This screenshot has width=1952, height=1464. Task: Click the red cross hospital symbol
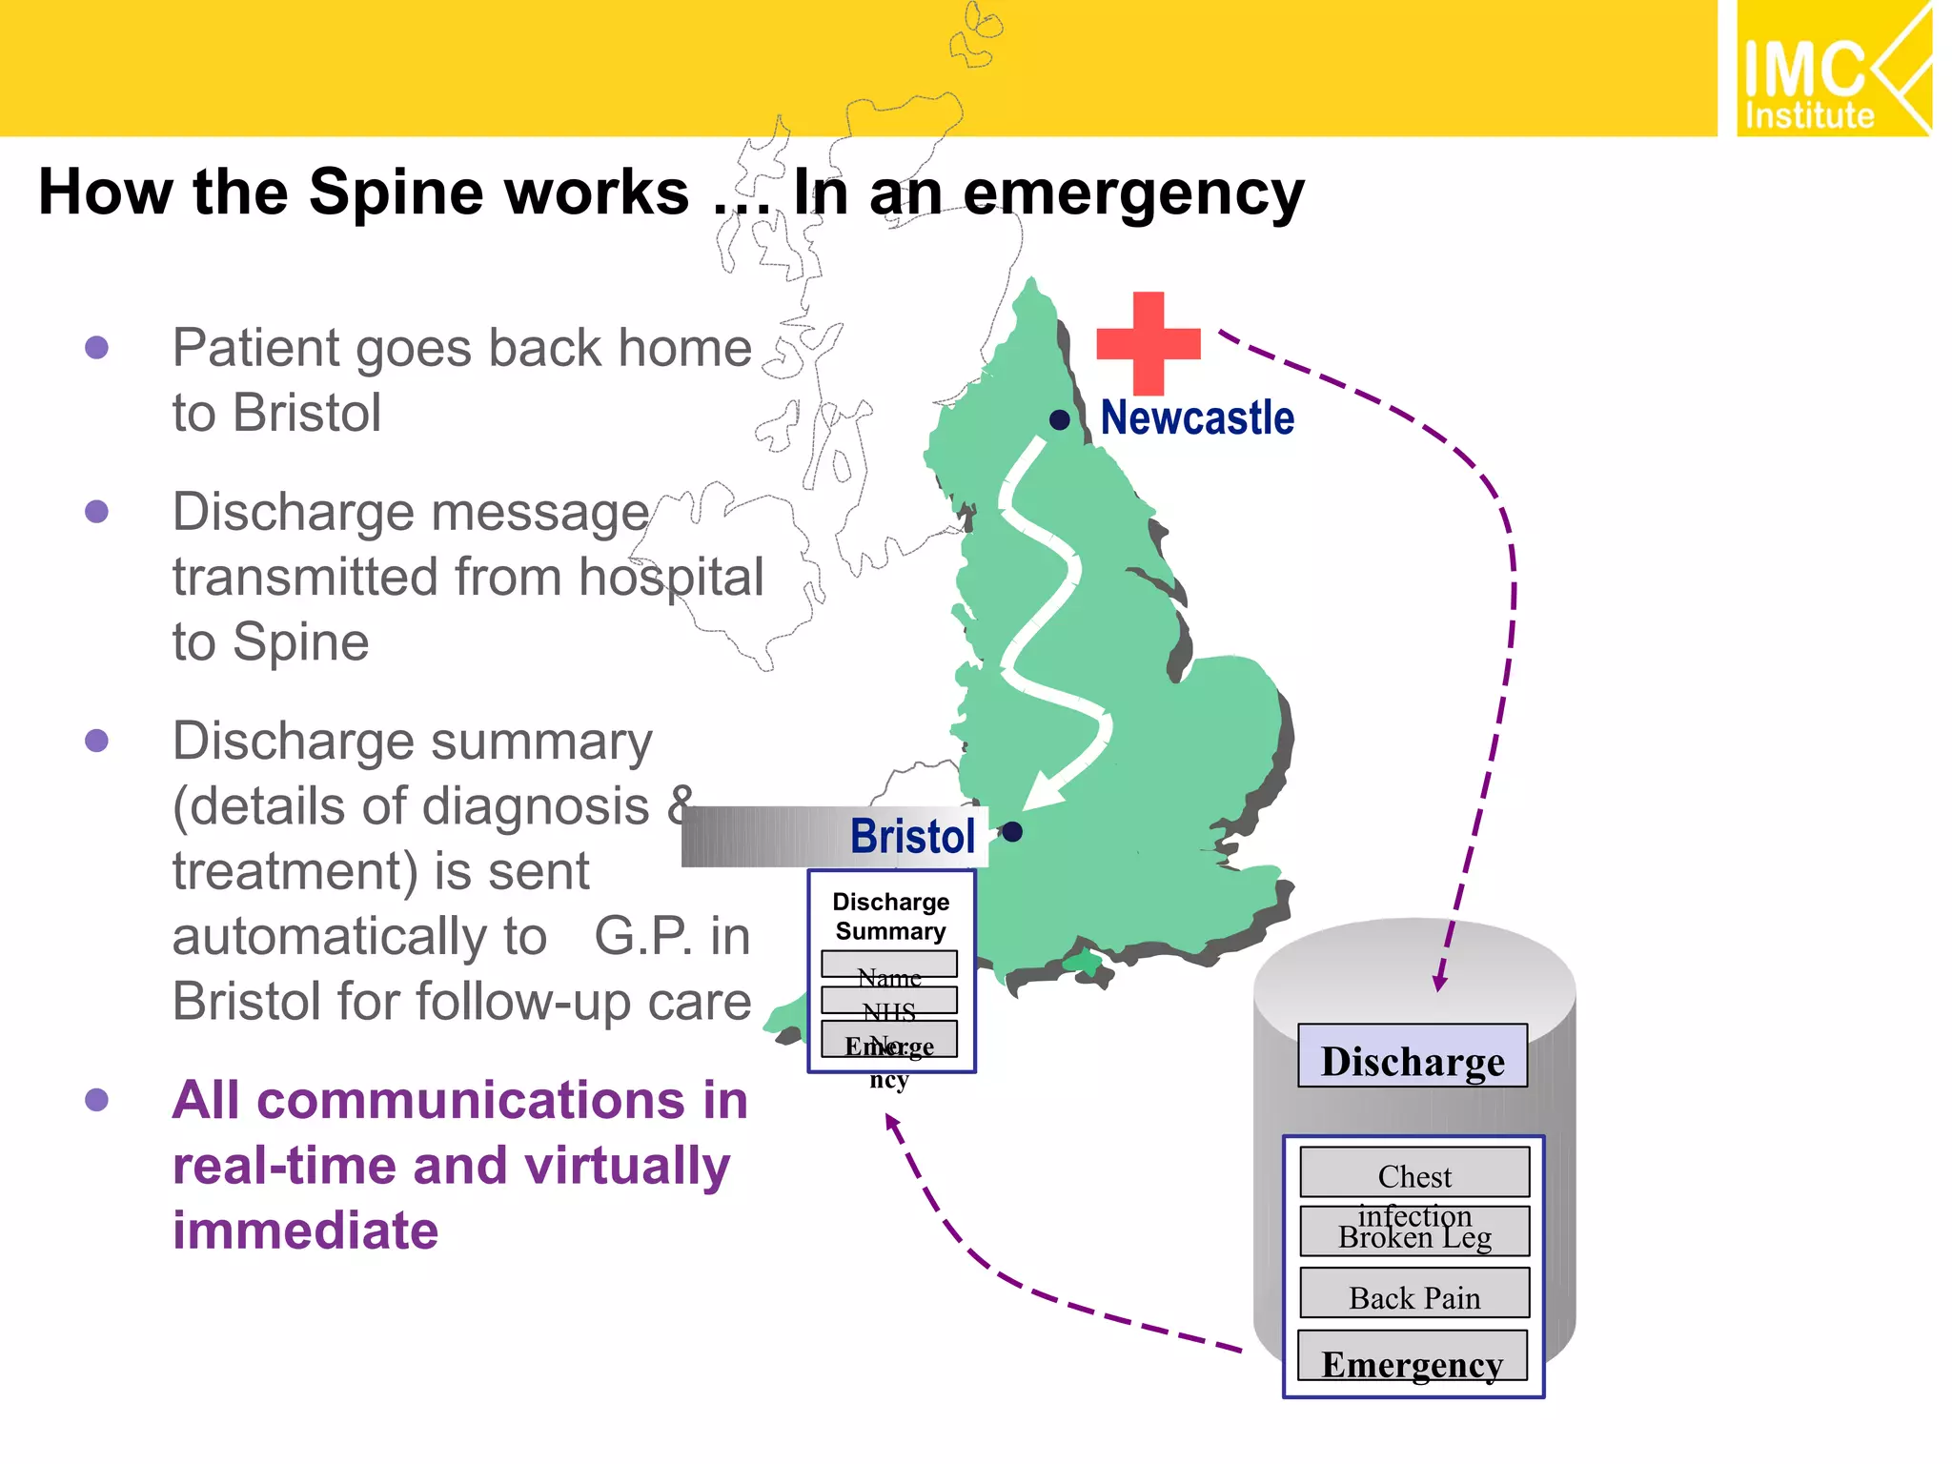[1148, 343]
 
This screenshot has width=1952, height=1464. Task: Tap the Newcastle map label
[1197, 418]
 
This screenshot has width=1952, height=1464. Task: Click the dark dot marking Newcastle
[1059, 419]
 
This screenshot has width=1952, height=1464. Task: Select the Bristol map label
[912, 837]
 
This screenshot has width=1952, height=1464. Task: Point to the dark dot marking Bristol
[1013, 832]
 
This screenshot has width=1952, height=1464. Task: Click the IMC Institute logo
[1832, 70]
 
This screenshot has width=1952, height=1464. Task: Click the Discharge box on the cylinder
[1413, 1057]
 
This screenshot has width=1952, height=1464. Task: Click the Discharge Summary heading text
[890, 916]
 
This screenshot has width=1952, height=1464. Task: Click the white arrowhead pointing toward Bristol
[1045, 790]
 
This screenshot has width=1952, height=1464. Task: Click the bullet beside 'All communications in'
[96, 1100]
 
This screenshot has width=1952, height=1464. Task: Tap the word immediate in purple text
[305, 1230]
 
